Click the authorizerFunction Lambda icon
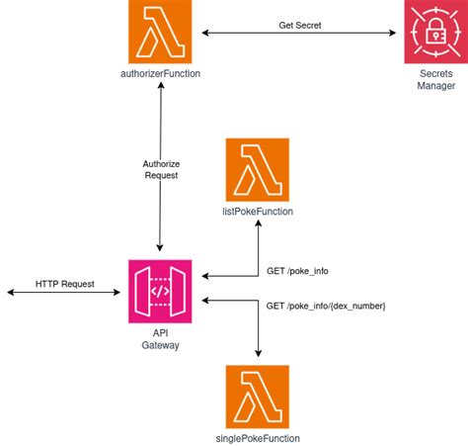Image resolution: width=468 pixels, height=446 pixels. tap(160, 33)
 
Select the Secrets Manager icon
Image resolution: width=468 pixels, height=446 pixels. tap(435, 33)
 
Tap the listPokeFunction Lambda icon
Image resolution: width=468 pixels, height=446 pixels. tap(258, 169)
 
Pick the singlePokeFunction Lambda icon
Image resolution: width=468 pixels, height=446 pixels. tap(258, 396)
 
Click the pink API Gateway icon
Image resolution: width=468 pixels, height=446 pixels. tap(160, 291)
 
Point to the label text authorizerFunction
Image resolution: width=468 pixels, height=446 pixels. tap(160, 74)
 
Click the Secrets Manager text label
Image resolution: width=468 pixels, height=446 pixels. tap(435, 80)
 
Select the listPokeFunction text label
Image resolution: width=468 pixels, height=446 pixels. tap(258, 211)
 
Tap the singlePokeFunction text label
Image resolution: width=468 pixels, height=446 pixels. tap(258, 437)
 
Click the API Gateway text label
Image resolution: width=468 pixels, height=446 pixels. tap(160, 338)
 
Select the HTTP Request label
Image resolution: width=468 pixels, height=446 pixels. tap(65, 284)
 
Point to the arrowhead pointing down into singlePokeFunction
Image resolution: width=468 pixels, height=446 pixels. tap(258, 357)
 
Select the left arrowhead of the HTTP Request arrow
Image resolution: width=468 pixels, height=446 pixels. tap(9, 293)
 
